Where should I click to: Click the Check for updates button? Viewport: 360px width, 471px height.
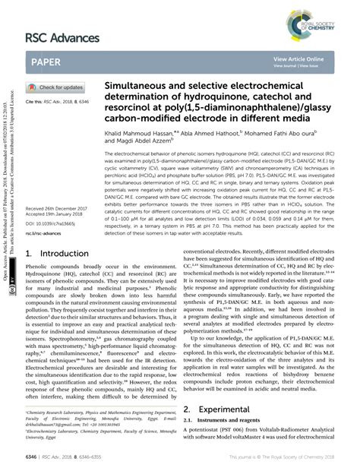(x=56, y=87)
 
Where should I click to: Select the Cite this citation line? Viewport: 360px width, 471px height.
(x=58, y=100)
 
